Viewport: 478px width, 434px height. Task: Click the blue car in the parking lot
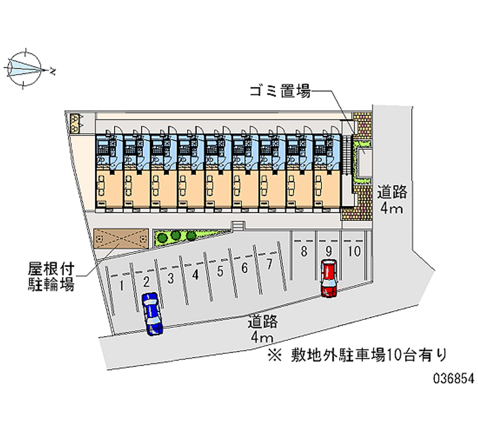click(152, 313)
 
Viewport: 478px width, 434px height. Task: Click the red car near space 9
click(329, 278)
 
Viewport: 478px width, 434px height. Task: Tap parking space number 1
click(121, 285)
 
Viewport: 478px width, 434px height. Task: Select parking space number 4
click(195, 275)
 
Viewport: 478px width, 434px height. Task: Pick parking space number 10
click(354, 251)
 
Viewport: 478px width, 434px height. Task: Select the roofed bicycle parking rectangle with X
click(121, 239)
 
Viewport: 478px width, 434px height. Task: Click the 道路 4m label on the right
click(392, 200)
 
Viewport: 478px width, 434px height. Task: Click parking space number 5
click(220, 272)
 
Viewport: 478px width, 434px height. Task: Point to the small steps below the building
click(238, 225)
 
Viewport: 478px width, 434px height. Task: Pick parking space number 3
click(170, 278)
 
